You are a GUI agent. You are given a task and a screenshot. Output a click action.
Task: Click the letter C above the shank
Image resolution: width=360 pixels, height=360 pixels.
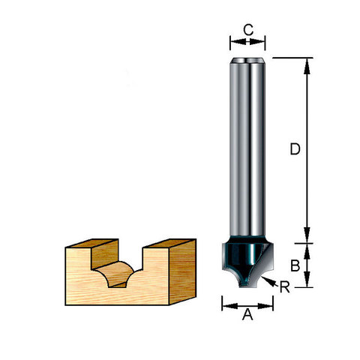(x=248, y=30)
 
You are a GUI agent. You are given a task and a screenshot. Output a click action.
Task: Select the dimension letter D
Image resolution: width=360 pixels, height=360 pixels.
(x=295, y=149)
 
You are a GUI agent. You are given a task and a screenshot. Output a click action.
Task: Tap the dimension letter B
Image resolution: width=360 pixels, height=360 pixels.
(x=295, y=265)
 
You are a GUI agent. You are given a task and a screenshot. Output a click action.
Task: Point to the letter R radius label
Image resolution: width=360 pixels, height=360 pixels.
(x=284, y=286)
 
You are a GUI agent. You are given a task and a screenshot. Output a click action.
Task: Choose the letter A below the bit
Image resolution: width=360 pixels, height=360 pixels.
(x=247, y=314)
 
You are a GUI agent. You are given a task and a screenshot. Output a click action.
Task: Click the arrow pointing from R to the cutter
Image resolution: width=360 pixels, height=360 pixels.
(x=269, y=281)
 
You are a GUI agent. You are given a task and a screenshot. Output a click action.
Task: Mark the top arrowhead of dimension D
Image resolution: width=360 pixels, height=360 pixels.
(x=307, y=67)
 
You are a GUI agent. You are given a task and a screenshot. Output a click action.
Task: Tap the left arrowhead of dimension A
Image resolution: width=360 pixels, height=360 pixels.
(x=230, y=306)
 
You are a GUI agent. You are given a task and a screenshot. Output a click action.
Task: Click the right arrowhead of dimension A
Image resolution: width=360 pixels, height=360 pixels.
(x=265, y=306)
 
